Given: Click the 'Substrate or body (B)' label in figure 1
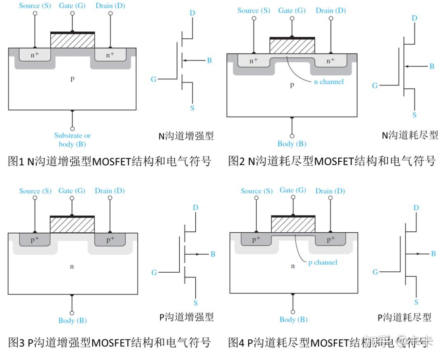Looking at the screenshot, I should click(x=72, y=140).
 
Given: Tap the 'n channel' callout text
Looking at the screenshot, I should click(x=328, y=82).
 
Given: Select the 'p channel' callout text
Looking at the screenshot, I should click(x=323, y=262).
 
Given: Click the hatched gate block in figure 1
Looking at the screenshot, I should click(x=73, y=41).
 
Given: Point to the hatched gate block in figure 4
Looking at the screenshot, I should click(x=293, y=224).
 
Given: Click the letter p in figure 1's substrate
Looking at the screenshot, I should click(x=73, y=78).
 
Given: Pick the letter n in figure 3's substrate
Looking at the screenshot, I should click(x=72, y=266).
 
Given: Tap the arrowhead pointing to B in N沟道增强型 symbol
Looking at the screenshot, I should click(x=184, y=61).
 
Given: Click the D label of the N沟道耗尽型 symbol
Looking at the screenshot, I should click(x=414, y=18).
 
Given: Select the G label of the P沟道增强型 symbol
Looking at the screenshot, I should click(x=154, y=272).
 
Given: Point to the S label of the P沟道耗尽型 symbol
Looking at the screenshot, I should click(x=416, y=302).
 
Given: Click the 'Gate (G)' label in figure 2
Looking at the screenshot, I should click(x=292, y=10).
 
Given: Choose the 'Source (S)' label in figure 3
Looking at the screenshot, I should click(x=35, y=191).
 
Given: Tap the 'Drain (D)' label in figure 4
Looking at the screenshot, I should click(x=330, y=191).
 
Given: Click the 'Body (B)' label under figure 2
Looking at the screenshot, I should click(x=292, y=144).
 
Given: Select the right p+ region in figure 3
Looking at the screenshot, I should click(x=110, y=239).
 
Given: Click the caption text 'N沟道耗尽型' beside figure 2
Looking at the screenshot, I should click(x=410, y=135).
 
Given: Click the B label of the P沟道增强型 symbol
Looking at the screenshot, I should click(x=213, y=254).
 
